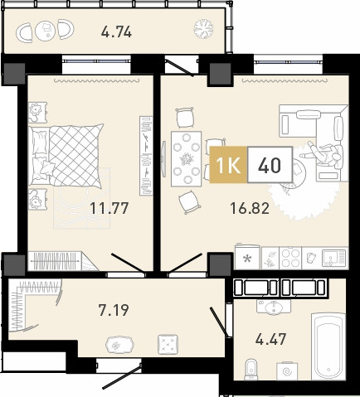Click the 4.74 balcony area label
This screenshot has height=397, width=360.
(116, 32)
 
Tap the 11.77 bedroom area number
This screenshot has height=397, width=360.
(109, 208)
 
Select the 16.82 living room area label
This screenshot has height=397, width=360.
(250, 208)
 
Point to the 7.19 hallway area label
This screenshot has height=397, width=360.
(114, 310)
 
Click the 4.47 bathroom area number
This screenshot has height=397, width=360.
(270, 339)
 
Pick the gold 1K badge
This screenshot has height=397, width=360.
(228, 165)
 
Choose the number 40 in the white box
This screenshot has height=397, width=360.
(270, 165)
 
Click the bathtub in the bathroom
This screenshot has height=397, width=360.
(328, 346)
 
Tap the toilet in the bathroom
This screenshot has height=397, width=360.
(251, 369)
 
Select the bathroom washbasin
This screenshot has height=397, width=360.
(274, 307)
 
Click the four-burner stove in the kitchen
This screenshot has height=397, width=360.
(290, 258)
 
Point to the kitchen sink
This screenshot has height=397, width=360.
(333, 258)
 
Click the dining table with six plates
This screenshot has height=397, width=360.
(187, 158)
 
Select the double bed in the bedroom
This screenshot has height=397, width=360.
(66, 155)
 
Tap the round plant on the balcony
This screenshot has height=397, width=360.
(203, 28)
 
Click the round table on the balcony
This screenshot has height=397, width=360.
(46, 30)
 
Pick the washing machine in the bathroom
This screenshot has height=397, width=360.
(287, 370)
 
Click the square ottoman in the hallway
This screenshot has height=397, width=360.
(168, 344)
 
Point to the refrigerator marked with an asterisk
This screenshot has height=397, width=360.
(247, 257)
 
